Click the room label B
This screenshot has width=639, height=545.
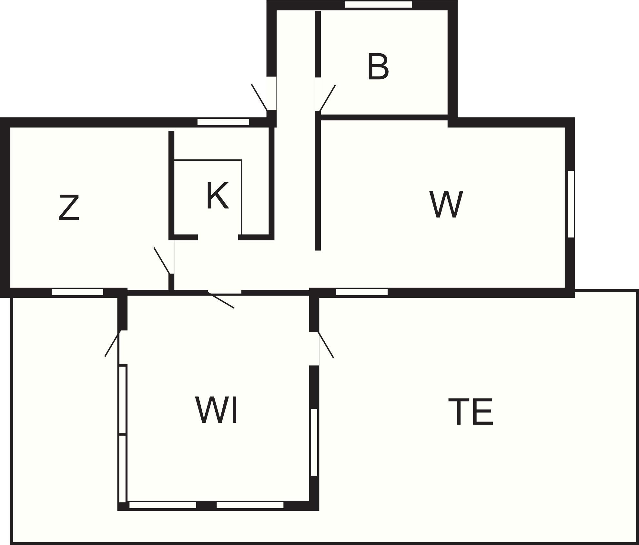coord(378,67)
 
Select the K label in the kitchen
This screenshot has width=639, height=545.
coord(218,195)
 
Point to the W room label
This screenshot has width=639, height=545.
coord(446,204)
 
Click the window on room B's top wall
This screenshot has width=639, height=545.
coord(379,5)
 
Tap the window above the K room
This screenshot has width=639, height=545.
coord(223,122)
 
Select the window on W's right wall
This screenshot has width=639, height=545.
coord(571,204)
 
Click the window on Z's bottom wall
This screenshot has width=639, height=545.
coord(77,292)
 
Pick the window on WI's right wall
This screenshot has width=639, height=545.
coord(314,442)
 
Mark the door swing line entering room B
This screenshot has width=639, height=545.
coord(327,98)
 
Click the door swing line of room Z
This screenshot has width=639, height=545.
coord(162,261)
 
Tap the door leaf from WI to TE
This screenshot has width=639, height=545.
coord(326,345)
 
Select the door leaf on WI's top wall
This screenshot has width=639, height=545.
coord(221,300)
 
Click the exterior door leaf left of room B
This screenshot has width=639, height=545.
coord(259,97)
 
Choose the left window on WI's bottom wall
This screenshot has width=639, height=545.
coord(163,505)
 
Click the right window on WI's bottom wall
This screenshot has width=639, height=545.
coord(250,505)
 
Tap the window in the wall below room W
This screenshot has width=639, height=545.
coord(362,292)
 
